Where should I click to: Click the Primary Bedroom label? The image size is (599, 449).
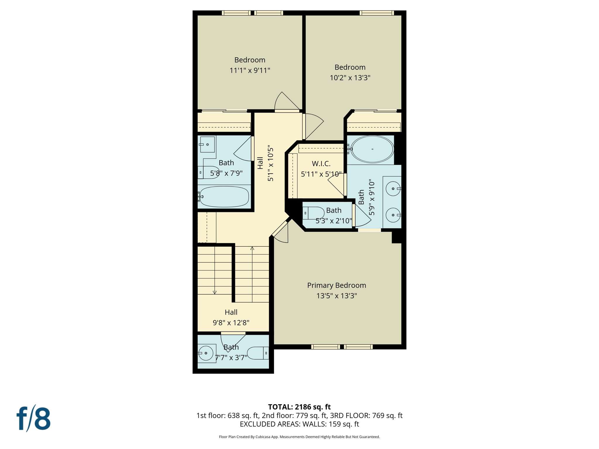point(336,285)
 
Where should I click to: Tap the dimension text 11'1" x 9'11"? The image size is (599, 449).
point(250,70)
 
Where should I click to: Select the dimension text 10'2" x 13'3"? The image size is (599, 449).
point(350,78)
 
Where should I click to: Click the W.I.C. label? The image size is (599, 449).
point(321,163)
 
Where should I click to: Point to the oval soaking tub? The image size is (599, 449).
point(372,149)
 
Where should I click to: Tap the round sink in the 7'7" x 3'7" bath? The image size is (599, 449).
point(206,353)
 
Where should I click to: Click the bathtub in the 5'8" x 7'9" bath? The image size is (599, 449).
point(224,197)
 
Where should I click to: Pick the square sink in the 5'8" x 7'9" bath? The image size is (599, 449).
point(207,144)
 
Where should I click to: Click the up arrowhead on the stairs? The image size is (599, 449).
point(252,248)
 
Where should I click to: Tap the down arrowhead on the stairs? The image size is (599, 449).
point(215,292)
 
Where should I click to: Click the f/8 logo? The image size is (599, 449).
point(33,418)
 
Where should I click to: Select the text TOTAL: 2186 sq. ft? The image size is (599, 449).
point(299,407)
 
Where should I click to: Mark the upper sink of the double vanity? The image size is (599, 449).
point(393,189)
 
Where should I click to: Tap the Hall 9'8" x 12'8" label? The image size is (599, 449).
point(231,317)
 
